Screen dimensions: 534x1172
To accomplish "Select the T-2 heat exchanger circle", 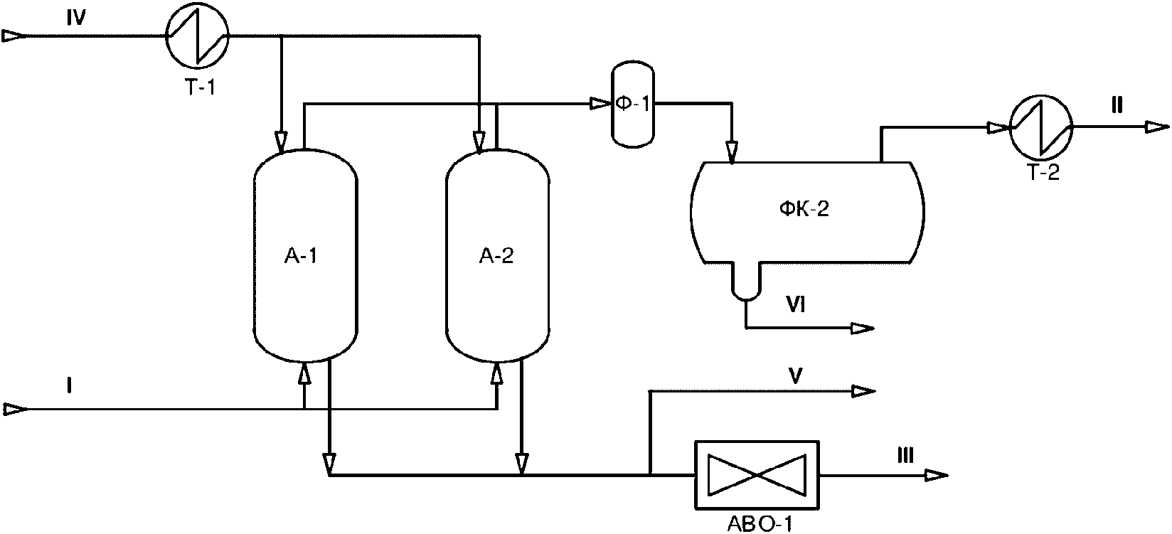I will coord(1042,127).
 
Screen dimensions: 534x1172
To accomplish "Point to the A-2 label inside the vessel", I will coord(496,256).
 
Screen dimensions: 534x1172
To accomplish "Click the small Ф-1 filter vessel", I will coord(633,105).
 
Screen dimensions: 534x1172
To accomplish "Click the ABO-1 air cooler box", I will coord(757,474).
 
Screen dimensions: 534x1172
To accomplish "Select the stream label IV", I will coord(76,20).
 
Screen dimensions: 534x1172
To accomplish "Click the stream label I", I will coord(70,386).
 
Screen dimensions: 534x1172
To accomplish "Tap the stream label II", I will coord(1117,107).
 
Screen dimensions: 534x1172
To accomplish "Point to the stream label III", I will coord(905,456).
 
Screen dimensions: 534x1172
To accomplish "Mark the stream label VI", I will coord(795,306).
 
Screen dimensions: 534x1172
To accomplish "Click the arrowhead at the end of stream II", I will coord(1156,127).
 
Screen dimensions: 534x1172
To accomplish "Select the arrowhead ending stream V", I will coord(863,390).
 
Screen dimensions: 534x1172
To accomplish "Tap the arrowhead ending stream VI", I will coord(863,329).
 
